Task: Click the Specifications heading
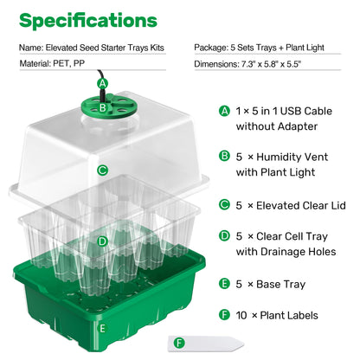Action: (88, 19)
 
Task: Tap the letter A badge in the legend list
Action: (226, 112)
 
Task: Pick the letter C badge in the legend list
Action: (226, 205)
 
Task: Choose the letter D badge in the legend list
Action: (226, 235)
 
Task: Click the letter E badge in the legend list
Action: (226, 283)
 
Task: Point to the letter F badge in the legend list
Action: (226, 315)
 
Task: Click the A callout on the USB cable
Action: (103, 84)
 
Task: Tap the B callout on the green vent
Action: (103, 108)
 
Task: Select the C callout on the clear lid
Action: (103, 170)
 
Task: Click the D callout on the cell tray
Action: (102, 241)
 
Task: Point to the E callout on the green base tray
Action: (103, 328)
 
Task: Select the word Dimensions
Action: (214, 63)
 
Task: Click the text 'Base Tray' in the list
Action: (280, 283)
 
